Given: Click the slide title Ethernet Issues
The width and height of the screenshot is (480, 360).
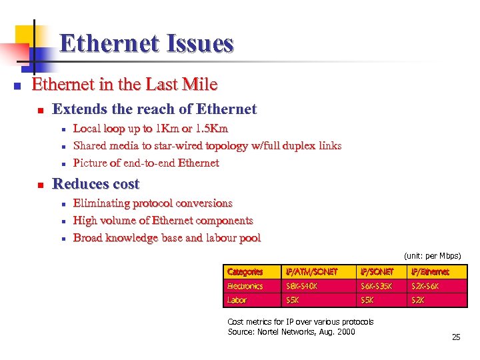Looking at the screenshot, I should [146, 44].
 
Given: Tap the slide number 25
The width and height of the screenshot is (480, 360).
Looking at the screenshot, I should [456, 337].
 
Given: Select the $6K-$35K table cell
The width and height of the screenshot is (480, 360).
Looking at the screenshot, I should [377, 286].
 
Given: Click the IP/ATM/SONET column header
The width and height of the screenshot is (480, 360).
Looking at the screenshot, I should [311, 272].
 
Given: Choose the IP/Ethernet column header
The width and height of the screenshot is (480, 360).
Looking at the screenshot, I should [430, 272].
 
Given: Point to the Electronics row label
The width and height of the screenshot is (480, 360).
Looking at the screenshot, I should [245, 286].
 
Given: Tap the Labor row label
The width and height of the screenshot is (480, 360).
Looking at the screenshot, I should [237, 300].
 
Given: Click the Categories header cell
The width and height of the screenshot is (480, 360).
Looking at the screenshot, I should [245, 272].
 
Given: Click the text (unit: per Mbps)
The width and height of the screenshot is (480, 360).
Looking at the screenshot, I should [432, 256].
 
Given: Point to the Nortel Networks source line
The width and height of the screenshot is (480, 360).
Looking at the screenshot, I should [291, 332].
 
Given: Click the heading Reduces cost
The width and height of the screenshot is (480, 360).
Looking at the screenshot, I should [95, 184].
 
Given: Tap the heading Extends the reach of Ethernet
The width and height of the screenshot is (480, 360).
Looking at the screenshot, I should [154, 109].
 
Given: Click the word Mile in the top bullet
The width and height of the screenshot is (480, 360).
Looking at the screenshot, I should [202, 85].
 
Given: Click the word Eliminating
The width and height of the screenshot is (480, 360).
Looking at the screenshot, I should [101, 203].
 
